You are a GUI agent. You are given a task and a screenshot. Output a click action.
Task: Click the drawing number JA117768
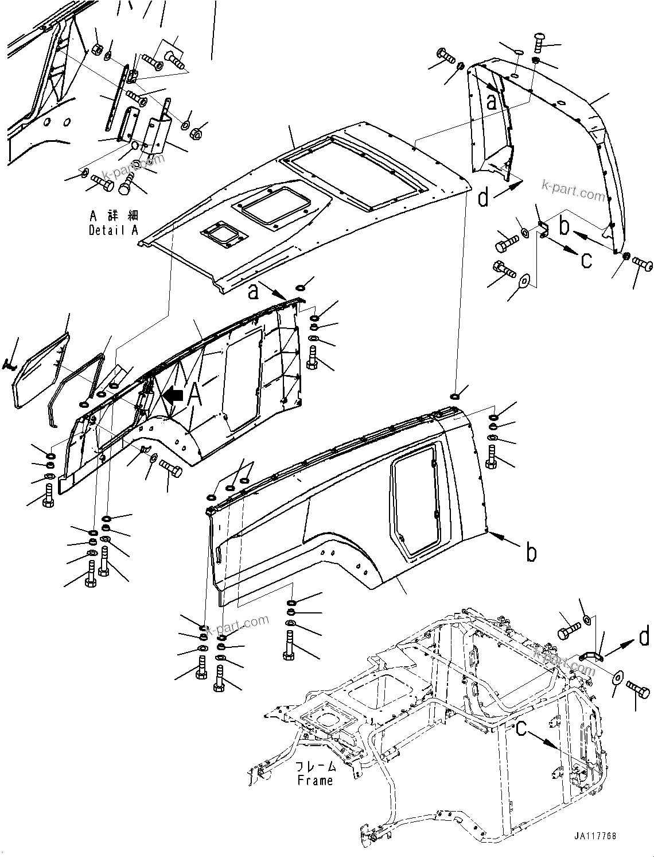[x=594, y=836]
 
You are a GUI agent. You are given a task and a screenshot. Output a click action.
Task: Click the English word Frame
[x=315, y=781]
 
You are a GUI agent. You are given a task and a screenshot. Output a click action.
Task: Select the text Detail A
[x=114, y=230]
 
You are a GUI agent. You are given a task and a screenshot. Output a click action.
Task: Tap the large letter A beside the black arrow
[x=194, y=394]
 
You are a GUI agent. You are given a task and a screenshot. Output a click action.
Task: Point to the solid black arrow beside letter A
[x=173, y=395]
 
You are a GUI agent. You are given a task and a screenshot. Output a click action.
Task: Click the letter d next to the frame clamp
[x=644, y=636]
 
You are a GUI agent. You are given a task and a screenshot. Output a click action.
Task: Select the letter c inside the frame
[x=521, y=728]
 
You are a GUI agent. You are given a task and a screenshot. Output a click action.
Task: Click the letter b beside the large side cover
[x=532, y=553]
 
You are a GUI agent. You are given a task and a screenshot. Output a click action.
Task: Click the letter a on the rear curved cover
[x=491, y=102]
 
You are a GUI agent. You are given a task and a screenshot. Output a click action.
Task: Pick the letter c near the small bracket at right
[x=586, y=260]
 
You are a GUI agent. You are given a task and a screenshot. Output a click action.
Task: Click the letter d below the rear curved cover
[x=484, y=198]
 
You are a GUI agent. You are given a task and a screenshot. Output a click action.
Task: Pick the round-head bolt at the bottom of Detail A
[x=126, y=186]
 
